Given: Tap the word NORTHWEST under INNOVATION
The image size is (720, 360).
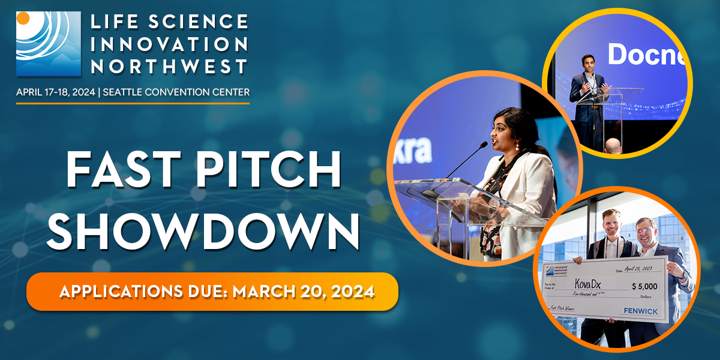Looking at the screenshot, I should (169, 66).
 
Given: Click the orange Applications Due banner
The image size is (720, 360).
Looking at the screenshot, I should (212, 292).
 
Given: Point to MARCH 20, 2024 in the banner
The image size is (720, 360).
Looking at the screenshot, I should (304, 292).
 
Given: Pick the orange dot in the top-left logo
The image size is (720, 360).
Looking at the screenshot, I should (23, 17).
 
